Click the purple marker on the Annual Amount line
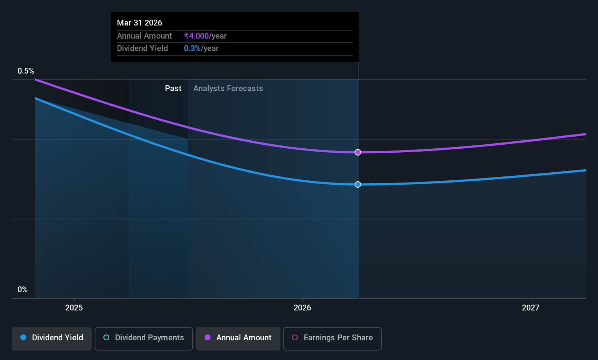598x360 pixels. coord(358,152)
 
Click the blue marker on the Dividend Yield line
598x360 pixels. coord(358,184)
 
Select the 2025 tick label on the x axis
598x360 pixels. coord(74,308)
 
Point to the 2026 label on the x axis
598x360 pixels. coord(302,308)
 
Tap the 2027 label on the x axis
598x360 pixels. coord(531,308)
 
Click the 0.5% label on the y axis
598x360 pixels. coord(26,71)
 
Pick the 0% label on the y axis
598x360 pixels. coord(23,290)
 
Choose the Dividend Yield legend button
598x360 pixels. coord(51,339)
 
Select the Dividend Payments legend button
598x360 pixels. coord(143,339)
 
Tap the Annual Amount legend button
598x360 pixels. coord(238,339)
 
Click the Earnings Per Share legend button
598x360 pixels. coord(333,339)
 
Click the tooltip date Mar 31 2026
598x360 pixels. coord(139,23)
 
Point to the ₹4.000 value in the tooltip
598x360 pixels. coord(196,36)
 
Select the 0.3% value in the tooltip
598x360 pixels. coord(192,48)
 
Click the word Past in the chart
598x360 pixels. coord(173,89)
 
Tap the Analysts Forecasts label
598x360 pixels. coord(228,89)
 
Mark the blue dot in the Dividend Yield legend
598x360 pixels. coord(24,337)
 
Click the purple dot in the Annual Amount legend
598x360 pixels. coord(208,337)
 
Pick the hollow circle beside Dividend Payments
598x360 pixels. coord(106,337)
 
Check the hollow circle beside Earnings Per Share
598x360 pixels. coord(295,337)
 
